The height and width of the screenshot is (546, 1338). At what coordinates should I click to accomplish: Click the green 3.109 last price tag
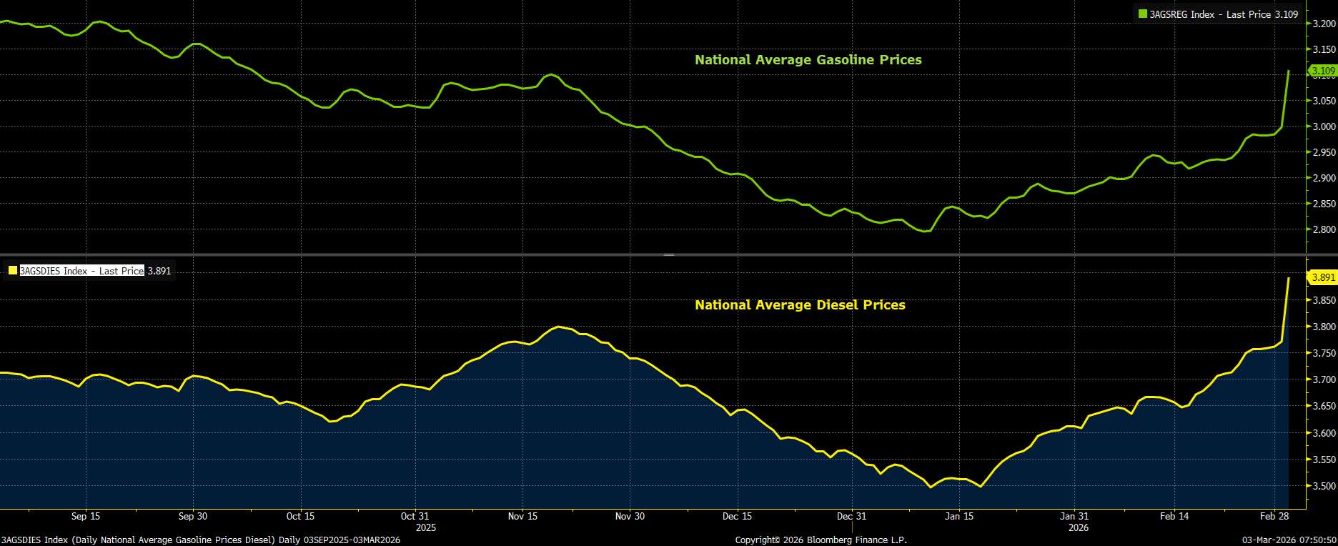point(1323,71)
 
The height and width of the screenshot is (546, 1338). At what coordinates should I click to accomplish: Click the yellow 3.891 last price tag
point(1323,277)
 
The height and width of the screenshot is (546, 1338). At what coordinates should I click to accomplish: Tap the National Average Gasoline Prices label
point(808,60)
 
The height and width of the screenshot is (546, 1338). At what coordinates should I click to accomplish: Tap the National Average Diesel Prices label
point(800,305)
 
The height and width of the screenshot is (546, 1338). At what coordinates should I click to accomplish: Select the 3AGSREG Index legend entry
point(1218,14)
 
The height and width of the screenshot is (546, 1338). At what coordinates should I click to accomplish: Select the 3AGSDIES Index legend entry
point(82,271)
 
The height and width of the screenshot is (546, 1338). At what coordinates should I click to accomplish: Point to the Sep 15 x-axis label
point(86,516)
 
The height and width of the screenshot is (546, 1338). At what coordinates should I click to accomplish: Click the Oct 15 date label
point(300,516)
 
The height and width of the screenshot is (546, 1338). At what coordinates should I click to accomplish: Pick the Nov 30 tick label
point(630,516)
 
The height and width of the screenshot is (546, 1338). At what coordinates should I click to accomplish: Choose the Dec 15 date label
point(737,516)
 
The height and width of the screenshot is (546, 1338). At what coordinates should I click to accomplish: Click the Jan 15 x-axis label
point(959,516)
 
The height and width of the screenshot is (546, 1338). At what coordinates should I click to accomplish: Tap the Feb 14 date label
point(1174,516)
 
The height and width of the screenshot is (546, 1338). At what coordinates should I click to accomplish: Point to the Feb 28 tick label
point(1274,516)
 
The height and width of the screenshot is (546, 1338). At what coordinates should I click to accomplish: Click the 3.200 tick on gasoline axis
point(1324,24)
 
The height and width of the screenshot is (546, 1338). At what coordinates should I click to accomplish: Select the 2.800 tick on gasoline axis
point(1324,229)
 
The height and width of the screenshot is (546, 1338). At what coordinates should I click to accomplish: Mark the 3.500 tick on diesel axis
point(1324,486)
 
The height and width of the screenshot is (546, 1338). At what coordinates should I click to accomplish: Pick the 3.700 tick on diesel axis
point(1324,379)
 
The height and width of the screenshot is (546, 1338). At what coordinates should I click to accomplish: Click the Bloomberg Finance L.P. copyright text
point(821,540)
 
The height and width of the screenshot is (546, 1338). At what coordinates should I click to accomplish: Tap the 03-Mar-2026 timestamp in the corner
point(1289,540)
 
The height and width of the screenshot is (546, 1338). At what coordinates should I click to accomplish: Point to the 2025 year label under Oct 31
point(425,527)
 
